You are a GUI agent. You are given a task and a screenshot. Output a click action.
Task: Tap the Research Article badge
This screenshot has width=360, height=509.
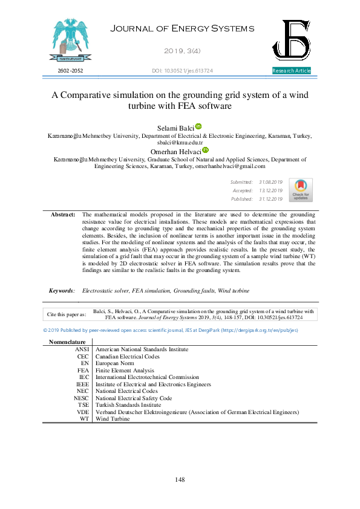292,71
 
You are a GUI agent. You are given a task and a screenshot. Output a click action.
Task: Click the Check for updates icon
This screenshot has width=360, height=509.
301,190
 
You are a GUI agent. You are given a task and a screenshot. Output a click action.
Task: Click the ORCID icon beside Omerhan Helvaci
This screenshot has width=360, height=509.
205,150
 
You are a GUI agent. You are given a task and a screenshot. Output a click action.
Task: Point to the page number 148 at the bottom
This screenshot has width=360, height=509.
179,479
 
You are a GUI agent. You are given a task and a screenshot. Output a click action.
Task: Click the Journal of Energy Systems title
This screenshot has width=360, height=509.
180,29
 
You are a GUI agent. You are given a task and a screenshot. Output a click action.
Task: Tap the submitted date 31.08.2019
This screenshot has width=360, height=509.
270,182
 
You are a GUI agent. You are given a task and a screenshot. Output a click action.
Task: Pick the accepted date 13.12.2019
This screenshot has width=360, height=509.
270,190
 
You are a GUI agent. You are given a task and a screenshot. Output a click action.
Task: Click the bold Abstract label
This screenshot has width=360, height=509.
63,215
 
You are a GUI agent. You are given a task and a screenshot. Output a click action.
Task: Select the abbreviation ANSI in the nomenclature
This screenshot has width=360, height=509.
82,349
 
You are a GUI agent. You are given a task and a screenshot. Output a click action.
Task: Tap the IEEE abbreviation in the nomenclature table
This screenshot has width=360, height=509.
82,384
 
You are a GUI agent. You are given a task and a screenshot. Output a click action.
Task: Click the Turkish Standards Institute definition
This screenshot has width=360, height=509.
128,405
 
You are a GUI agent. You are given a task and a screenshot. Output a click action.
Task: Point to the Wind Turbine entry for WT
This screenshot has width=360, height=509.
113,418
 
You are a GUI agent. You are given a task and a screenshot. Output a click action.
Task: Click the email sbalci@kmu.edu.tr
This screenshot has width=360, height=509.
180,142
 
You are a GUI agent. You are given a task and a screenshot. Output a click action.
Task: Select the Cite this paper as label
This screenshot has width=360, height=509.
67,314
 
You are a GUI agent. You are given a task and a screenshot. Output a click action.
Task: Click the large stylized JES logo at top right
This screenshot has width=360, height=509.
292,41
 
